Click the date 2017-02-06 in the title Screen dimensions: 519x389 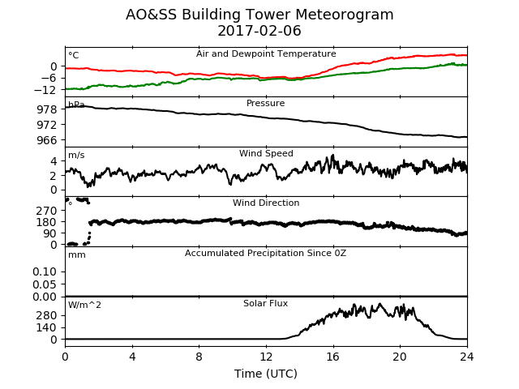tap(259, 31)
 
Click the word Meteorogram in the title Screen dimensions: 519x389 tap(344, 15)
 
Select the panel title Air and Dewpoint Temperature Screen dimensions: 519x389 tap(266, 54)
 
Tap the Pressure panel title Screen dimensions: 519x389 tap(265, 103)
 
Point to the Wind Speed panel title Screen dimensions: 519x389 tap(266, 153)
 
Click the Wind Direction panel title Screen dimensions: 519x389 tap(266, 203)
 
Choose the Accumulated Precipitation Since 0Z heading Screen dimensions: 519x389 tap(265, 254)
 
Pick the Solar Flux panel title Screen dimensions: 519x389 tap(265, 303)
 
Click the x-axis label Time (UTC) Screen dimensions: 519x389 tap(266, 374)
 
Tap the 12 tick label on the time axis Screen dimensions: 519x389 tap(266, 357)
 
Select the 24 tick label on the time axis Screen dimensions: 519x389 tap(467, 357)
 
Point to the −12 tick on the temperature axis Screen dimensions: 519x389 tap(45, 90)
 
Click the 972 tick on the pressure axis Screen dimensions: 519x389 tap(47, 125)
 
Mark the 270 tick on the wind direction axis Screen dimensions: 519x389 tap(47, 211)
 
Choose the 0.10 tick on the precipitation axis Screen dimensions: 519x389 tap(45, 272)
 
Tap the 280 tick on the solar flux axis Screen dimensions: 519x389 tap(47, 315)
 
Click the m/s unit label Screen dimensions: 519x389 tap(76, 155)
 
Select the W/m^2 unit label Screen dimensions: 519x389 tap(84, 305)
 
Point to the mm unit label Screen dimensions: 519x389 tap(77, 255)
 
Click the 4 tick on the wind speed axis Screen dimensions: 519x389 tap(54, 161)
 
